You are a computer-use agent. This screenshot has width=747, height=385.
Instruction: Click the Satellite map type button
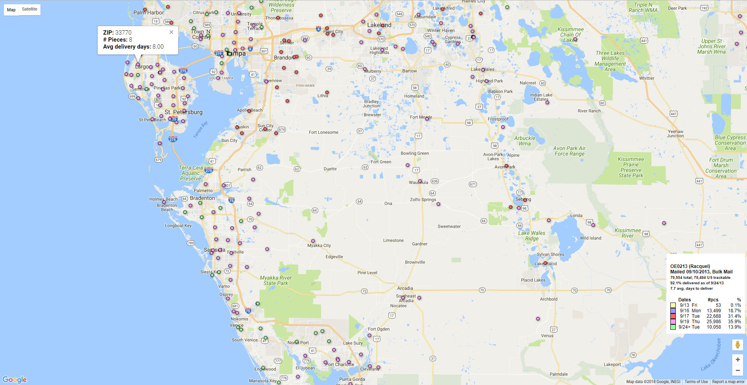coord(30,9)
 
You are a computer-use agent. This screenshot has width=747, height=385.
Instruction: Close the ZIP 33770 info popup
coord(171,32)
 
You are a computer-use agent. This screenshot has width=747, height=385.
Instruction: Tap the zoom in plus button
coord(737,360)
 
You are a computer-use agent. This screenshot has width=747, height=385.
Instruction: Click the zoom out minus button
coord(737,371)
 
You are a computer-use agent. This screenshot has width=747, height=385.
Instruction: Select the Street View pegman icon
coord(737,345)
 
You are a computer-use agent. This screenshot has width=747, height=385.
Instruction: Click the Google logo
coord(14,380)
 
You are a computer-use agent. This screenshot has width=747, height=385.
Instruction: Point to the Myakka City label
coord(319,245)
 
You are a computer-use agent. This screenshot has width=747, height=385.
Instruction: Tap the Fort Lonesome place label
coord(323,132)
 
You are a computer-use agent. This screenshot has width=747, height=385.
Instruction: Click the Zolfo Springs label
coord(423,199)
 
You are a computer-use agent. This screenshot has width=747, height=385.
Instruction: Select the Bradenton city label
coord(202,198)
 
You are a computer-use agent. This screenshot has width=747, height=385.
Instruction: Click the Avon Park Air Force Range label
coord(569,151)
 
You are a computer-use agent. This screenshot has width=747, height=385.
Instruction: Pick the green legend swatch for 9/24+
coord(673,327)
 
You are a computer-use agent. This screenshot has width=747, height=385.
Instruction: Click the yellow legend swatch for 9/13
coord(673,305)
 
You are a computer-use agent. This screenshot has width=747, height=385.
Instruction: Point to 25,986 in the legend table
coord(714,322)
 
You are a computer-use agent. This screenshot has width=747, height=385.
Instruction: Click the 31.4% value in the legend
coord(734,316)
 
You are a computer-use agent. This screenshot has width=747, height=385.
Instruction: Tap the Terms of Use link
coord(696,381)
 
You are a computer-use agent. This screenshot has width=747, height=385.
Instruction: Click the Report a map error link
coord(728,381)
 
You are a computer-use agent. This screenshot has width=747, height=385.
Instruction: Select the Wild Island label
coord(590,238)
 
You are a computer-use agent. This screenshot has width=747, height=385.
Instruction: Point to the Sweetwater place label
coord(449,226)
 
